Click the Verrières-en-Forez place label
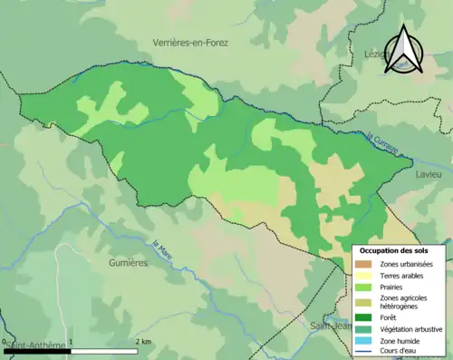click(190, 43)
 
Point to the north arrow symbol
click(406, 50)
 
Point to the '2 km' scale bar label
click(143, 341)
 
